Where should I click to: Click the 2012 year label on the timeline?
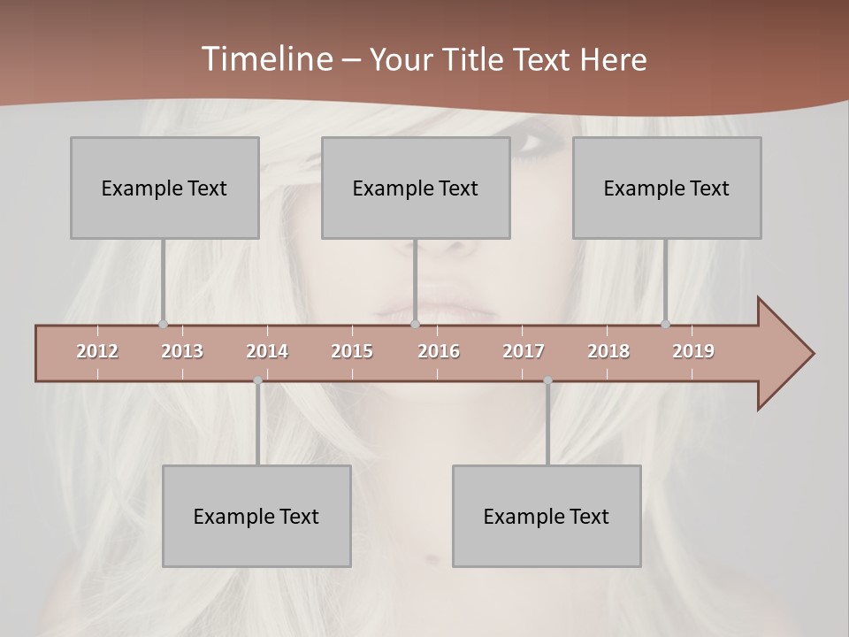click(x=97, y=351)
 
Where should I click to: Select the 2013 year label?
click(x=182, y=351)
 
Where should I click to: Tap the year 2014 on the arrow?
click(x=267, y=351)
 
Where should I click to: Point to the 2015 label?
click(x=352, y=351)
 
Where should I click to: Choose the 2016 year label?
click(x=439, y=351)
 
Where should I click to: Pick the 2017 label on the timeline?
click(x=524, y=351)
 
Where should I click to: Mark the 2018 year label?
click(x=608, y=351)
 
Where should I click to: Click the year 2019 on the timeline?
click(x=693, y=351)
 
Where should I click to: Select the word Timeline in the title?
click(x=265, y=59)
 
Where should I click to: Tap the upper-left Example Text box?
click(x=164, y=188)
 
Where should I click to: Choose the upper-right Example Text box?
click(x=667, y=188)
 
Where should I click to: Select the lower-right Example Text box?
click(x=547, y=516)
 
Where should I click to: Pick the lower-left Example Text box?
click(x=256, y=516)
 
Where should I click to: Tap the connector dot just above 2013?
click(x=163, y=324)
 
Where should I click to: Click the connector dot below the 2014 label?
click(x=258, y=380)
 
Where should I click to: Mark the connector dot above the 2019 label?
click(x=665, y=324)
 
